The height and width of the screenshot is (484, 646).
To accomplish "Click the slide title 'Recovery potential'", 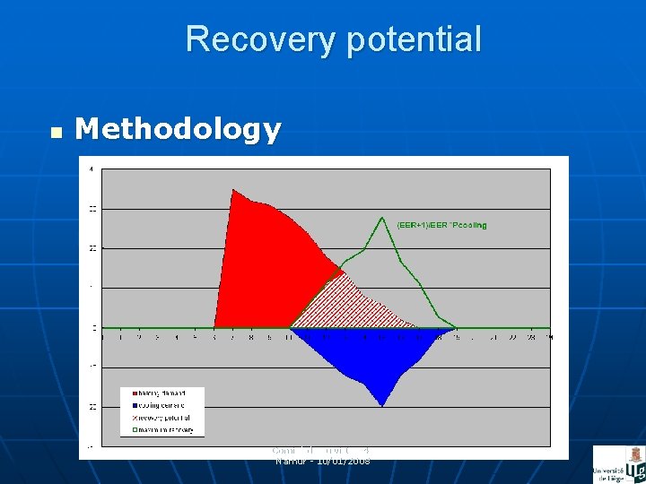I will [333, 39].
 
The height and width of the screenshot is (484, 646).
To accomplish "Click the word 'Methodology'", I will [178, 130].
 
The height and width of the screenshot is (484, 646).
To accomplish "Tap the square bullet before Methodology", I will [56, 133].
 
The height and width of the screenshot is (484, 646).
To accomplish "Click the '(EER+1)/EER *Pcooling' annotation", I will [441, 225].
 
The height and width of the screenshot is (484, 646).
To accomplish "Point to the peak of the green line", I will [383, 217].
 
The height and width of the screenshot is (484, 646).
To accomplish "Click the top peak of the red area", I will [233, 190].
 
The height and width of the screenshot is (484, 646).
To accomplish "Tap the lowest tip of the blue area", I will [383, 405].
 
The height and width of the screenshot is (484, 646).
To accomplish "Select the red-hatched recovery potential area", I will [345, 305].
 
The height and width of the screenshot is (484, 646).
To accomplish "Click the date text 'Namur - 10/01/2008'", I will [322, 461].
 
